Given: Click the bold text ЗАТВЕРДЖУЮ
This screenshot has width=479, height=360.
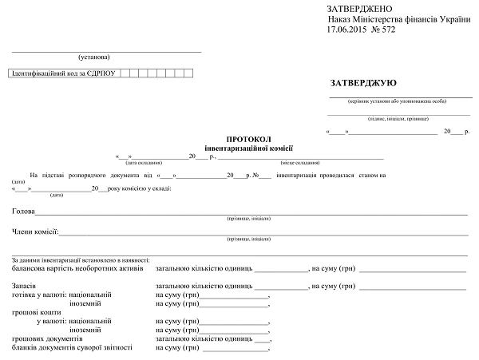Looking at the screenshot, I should [362, 82].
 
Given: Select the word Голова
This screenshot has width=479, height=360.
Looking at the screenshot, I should [23, 212].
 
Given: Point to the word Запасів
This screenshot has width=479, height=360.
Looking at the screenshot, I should [24, 286].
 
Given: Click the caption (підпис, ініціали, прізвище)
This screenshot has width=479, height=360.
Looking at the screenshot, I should [398, 118].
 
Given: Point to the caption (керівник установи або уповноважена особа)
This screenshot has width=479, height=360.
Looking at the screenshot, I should [397, 101].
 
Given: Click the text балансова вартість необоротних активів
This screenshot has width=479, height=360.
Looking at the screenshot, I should [77, 268].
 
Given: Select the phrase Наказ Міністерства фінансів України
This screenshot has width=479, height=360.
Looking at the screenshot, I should [398, 18].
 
